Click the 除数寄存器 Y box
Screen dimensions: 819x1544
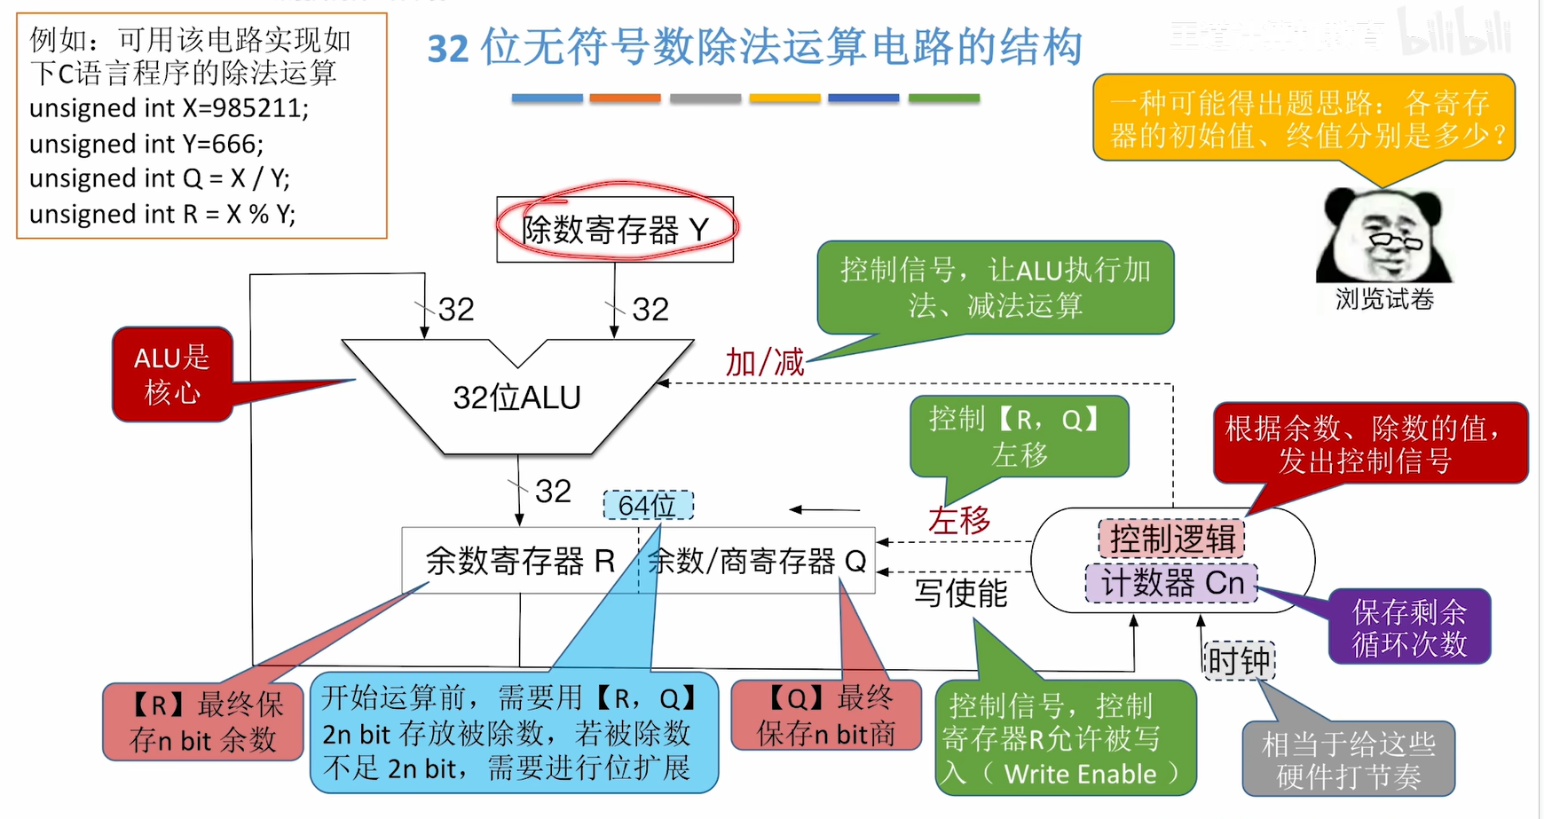pyautogui.click(x=615, y=230)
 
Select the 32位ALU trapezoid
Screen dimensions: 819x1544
pyautogui.click(x=517, y=397)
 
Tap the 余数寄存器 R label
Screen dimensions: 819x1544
pyautogui.click(x=520, y=561)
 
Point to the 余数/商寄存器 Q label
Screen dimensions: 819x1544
pyautogui.click(x=757, y=561)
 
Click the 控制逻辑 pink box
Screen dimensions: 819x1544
pyautogui.click(x=1171, y=539)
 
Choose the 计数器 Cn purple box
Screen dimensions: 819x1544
pyautogui.click(x=1171, y=583)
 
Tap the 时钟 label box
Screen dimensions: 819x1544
pyautogui.click(x=1239, y=661)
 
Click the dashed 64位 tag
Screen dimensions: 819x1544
pyautogui.click(x=648, y=506)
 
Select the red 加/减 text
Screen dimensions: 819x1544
pyautogui.click(x=764, y=362)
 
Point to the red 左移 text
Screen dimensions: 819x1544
pyautogui.click(x=959, y=520)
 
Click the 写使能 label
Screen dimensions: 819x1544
pyautogui.click(x=961, y=593)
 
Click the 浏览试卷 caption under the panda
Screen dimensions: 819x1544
pyautogui.click(x=1384, y=299)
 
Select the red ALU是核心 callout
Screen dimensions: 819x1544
pyautogui.click(x=172, y=374)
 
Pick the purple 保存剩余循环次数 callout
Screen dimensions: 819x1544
pyautogui.click(x=1409, y=626)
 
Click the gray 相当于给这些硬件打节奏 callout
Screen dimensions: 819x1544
pyautogui.click(x=1348, y=760)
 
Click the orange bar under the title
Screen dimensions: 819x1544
pyautogui.click(x=625, y=98)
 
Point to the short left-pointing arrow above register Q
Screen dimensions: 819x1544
pyautogui.click(x=824, y=509)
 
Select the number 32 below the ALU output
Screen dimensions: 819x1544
pyautogui.click(x=553, y=491)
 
